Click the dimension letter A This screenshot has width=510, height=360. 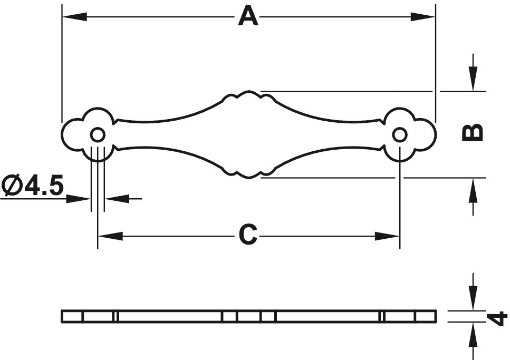[x=248, y=17]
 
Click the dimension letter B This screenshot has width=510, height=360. [x=473, y=133]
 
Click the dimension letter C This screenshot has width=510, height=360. [x=248, y=235]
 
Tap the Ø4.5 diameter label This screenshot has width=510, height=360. [x=32, y=186]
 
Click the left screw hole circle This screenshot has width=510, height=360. [x=98, y=134]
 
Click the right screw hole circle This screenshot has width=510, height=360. [x=400, y=134]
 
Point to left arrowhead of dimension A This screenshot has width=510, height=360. [x=74, y=16]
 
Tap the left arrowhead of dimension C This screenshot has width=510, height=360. [x=111, y=236]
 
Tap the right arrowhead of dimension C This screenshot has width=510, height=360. [x=387, y=236]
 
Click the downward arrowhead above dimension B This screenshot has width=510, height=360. [x=473, y=79]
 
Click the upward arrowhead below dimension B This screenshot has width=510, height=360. [x=473, y=191]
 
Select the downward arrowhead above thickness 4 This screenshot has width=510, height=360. [x=473, y=298]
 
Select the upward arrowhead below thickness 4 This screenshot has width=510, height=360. [x=473, y=335]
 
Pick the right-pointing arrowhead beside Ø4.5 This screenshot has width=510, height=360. [x=79, y=198]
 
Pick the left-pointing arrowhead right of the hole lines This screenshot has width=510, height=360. [x=117, y=198]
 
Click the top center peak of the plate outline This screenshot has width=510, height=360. [x=249, y=91]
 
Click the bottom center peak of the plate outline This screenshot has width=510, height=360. [x=249, y=178]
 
